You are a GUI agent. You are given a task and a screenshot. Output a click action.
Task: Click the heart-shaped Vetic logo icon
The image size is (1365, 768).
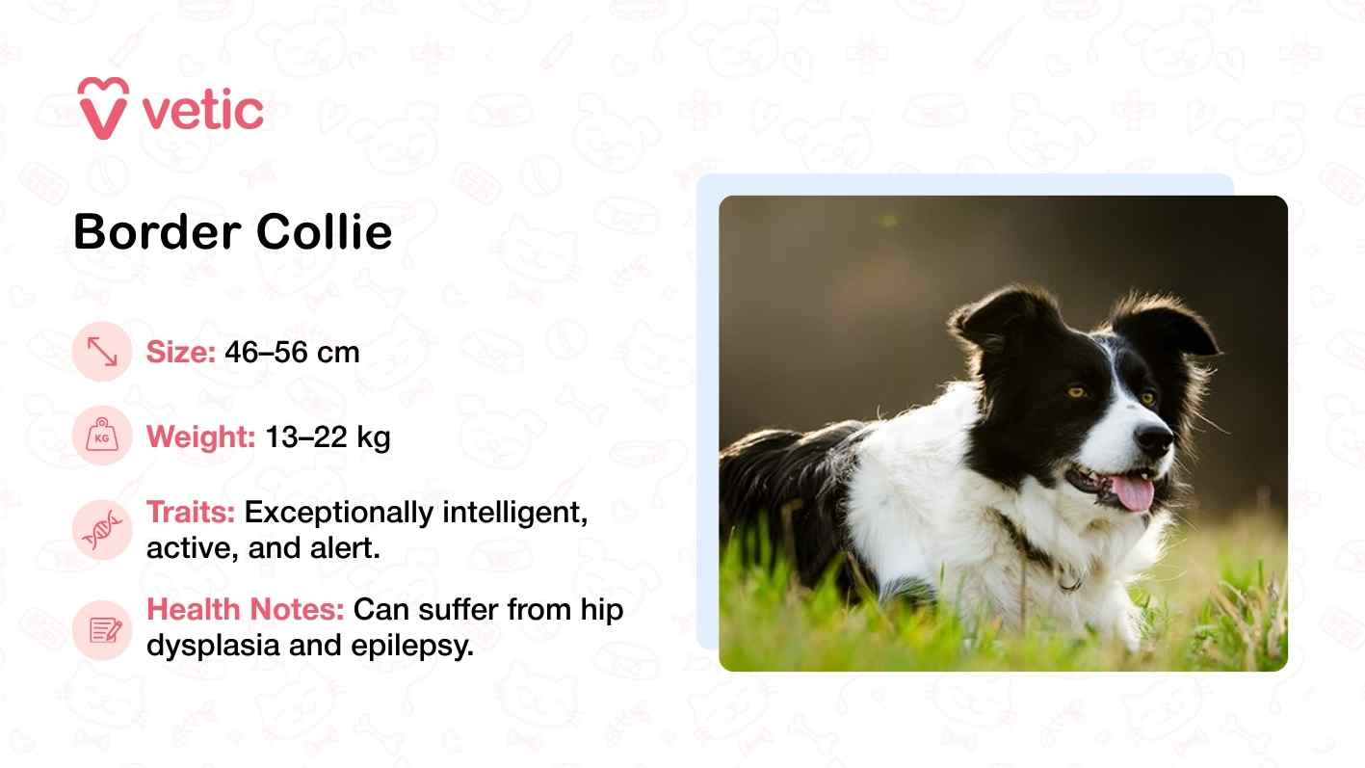pyautogui.click(x=103, y=107)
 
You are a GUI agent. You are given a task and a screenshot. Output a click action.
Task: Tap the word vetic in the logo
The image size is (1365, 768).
pyautogui.click(x=202, y=111)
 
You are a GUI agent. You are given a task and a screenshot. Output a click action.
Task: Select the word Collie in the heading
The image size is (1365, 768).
pyautogui.click(x=324, y=232)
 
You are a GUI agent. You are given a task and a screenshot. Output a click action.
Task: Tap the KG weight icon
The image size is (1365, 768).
pyautogui.click(x=101, y=437)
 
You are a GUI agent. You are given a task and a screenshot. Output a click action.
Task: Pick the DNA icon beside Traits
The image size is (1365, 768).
pyautogui.click(x=101, y=530)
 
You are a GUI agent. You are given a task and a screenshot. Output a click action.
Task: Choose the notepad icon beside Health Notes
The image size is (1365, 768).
pyautogui.click(x=101, y=630)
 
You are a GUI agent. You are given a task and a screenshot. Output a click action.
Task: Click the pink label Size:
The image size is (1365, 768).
pyautogui.click(x=181, y=353)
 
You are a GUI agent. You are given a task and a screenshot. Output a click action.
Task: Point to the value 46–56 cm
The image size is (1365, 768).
pyautogui.click(x=292, y=353)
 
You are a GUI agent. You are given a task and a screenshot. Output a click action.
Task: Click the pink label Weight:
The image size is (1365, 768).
pyautogui.click(x=200, y=438)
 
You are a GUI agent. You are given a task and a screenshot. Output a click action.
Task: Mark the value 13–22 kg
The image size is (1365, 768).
pyautogui.click(x=328, y=438)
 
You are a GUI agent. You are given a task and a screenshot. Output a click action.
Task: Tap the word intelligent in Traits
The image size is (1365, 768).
pyautogui.click(x=514, y=513)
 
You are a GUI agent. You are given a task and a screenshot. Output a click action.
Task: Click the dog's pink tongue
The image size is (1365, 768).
pyautogui.click(x=1133, y=491)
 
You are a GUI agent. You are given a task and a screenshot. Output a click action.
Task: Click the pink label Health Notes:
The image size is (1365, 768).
pyautogui.click(x=246, y=610)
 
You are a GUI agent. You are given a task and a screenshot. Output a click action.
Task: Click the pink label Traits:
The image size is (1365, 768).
pyautogui.click(x=191, y=513)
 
